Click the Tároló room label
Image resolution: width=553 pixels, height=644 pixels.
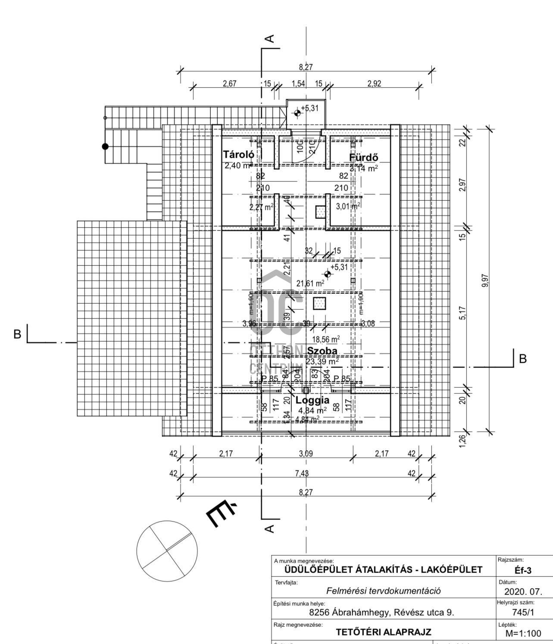coord(238,155)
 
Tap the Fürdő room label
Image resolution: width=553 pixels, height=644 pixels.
coord(363,157)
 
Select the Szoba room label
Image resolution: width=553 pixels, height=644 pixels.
coord(322,351)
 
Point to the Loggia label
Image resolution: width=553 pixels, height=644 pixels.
coord(312,400)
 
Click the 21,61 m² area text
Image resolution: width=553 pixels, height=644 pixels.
coord(310,283)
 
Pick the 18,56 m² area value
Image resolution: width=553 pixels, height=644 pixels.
coord(326,339)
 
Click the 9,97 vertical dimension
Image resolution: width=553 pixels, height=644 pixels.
coord(485,281)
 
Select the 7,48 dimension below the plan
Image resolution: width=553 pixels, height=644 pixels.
coord(302,473)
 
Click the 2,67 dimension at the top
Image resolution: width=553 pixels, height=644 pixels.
coord(229,84)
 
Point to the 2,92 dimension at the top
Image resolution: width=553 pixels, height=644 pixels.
coord(374,84)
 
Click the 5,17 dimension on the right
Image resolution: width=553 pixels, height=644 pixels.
coord(462,313)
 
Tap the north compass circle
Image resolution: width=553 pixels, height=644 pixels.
coord(167,550)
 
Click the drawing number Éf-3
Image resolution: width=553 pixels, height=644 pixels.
coord(523,570)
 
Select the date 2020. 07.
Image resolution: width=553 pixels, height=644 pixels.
coord(523,591)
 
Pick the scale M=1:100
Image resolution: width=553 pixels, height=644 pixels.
coord(523,633)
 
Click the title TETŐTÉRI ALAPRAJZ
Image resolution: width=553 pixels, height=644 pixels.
coord(383,632)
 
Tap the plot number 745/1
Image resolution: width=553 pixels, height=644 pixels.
coord(523,612)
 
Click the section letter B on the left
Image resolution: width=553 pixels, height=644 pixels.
coord(17,334)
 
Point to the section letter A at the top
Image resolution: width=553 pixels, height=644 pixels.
coord(269,39)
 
